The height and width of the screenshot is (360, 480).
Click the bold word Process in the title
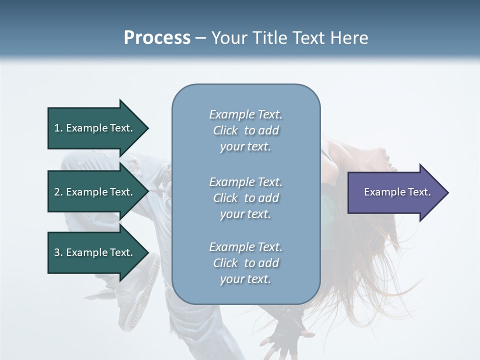tap(157, 38)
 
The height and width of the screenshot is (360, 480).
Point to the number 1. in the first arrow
tap(58, 128)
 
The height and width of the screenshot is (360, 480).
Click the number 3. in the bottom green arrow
tap(58, 252)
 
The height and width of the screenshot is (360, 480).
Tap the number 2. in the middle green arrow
tap(58, 192)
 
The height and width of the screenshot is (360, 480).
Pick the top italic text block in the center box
tap(245, 130)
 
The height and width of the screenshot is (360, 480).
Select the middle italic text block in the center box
tap(245, 198)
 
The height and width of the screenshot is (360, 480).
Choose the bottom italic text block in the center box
tap(245, 263)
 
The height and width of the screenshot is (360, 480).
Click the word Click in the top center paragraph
tap(225, 130)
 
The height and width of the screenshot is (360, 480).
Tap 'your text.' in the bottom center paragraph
tap(245, 279)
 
